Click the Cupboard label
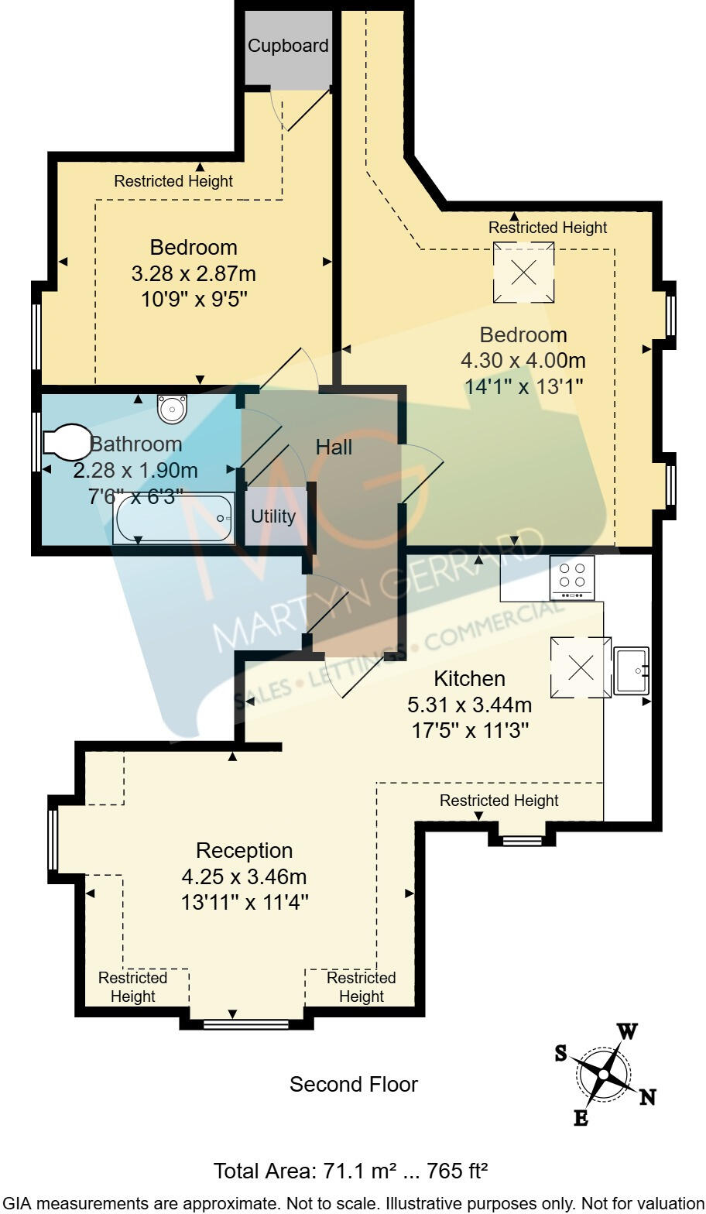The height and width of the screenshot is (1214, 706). point(288,46)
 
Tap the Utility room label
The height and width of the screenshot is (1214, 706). point(273,516)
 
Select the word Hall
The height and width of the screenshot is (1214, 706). point(334,448)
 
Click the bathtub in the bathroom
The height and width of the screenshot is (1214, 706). point(174,519)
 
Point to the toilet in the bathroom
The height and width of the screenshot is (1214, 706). point(67,442)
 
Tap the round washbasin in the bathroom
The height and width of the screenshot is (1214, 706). point(173,408)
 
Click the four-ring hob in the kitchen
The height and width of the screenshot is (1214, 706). point(572,578)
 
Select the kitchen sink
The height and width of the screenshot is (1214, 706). point(631,670)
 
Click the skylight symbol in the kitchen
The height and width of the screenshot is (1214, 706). point(581,667)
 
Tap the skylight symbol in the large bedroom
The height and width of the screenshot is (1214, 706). point(523,272)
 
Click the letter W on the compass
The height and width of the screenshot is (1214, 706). point(627,1031)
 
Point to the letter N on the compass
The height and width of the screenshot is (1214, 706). point(647,1097)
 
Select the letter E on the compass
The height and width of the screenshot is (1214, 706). point(581,1117)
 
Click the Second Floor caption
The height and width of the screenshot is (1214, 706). point(354,1085)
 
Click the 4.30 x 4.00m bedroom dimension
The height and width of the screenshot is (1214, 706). point(523,361)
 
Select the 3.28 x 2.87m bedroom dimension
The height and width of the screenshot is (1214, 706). point(194,274)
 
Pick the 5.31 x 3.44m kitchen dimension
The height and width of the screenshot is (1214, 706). point(470,705)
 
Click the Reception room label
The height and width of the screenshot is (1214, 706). point(245,850)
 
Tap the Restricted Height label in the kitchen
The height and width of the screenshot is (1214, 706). point(499,801)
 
